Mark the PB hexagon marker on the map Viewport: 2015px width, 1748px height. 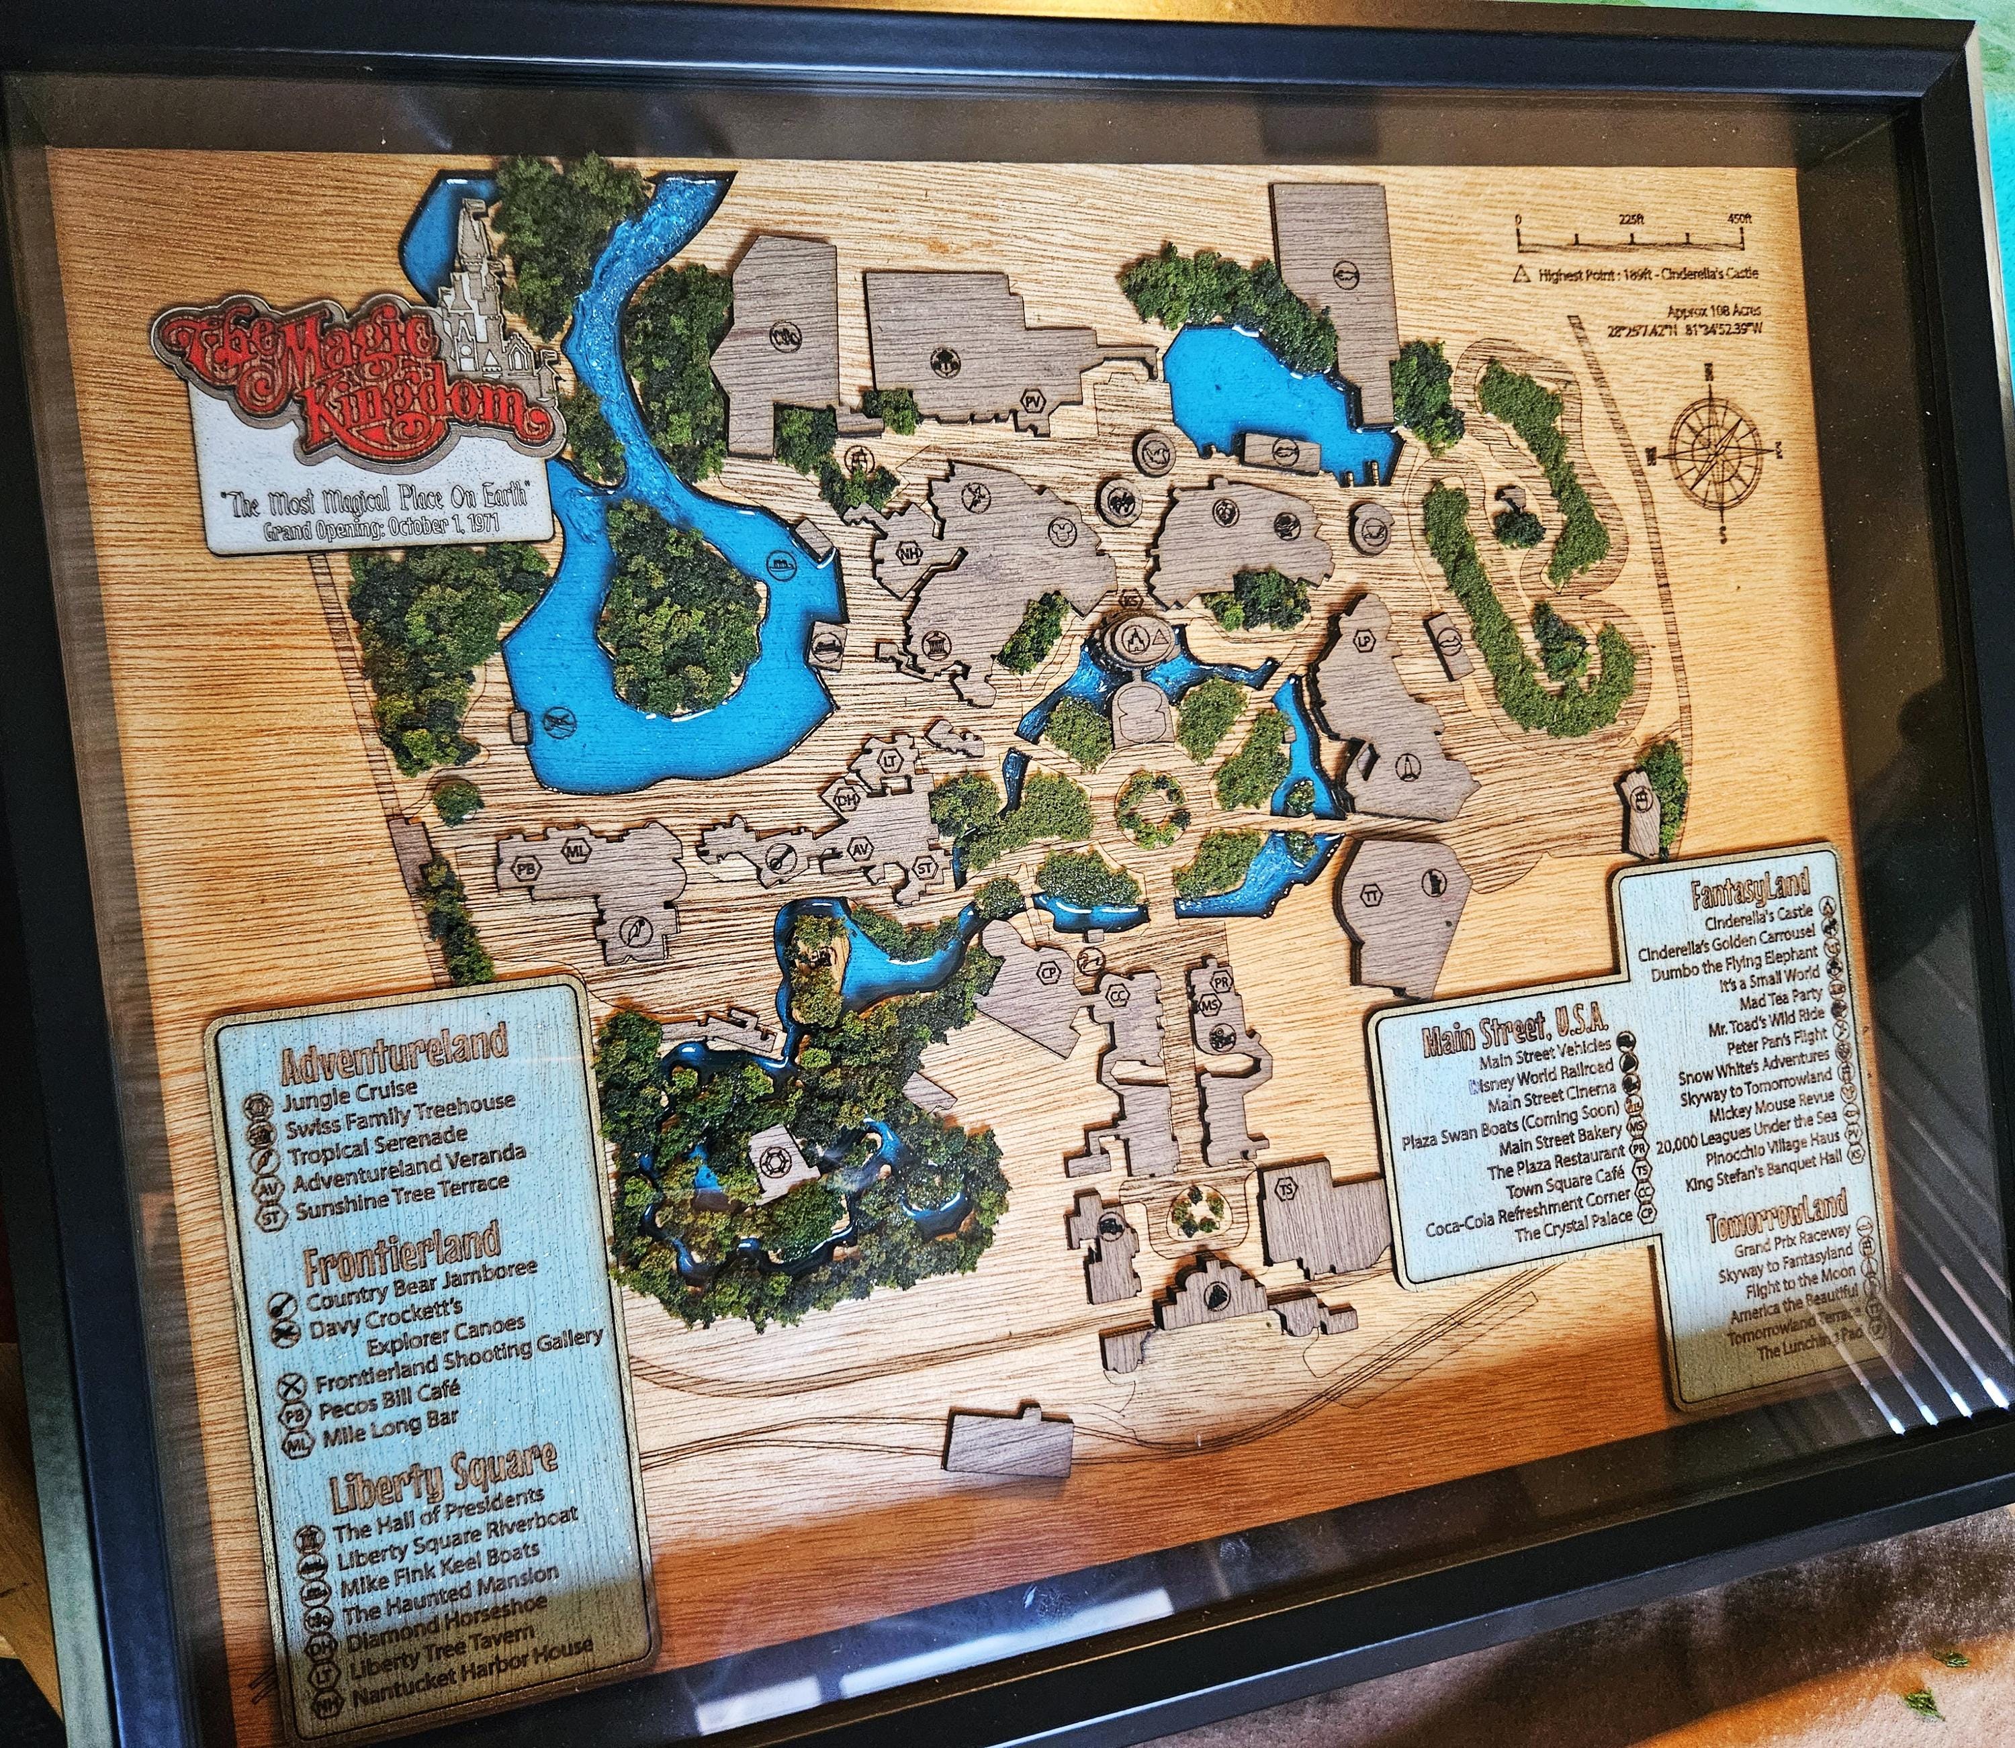(527, 868)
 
